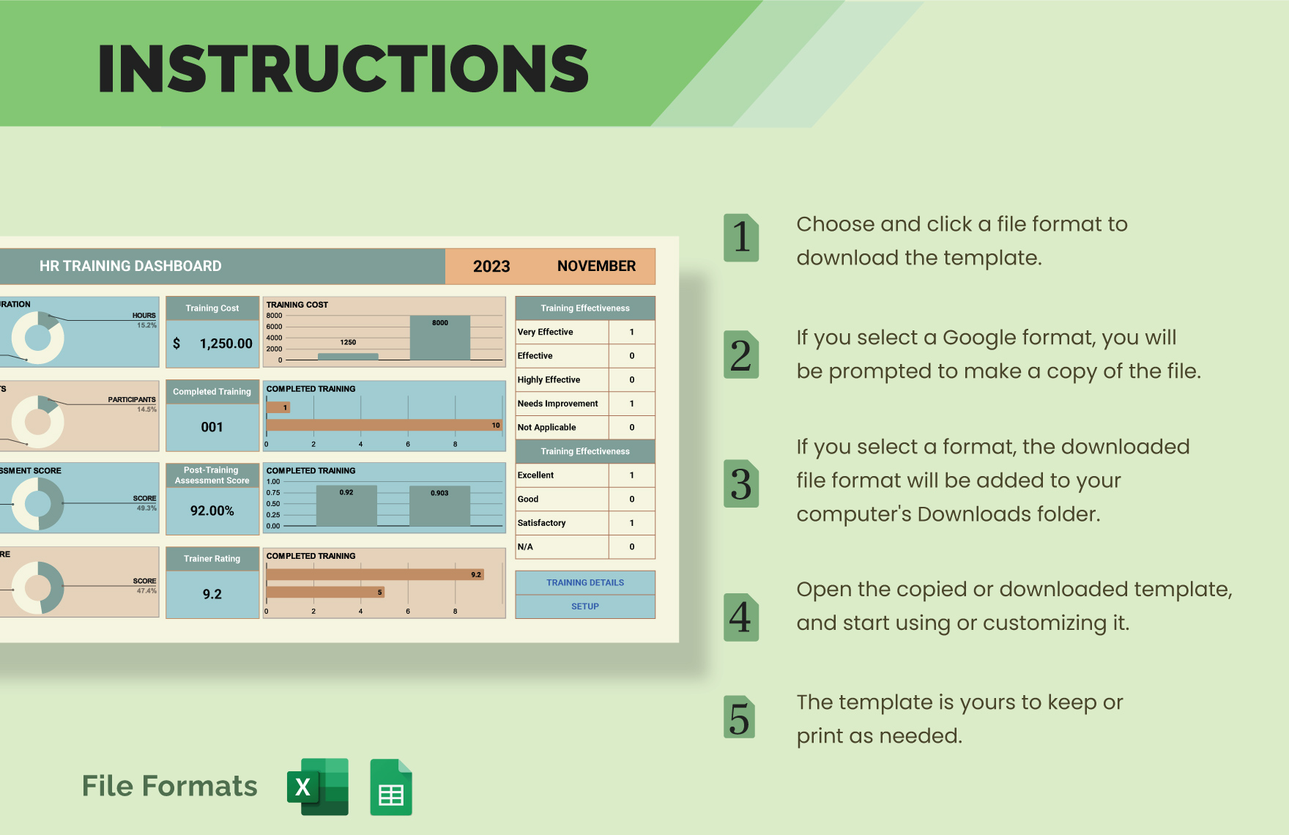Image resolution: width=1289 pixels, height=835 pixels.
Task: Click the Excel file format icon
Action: (x=318, y=787)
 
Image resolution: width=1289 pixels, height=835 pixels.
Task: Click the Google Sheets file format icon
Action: (x=391, y=787)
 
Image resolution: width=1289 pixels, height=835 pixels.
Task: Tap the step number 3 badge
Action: (x=741, y=484)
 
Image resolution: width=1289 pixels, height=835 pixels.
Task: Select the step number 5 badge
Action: (x=740, y=717)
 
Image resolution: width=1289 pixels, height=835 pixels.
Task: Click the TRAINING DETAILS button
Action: (x=585, y=582)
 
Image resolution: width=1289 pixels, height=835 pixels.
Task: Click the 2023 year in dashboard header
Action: (x=491, y=267)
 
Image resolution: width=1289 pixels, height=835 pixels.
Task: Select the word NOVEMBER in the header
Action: (x=596, y=267)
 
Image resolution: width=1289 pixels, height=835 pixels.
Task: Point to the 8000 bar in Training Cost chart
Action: (x=439, y=338)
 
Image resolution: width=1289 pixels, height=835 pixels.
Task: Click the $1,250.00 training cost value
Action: (x=213, y=344)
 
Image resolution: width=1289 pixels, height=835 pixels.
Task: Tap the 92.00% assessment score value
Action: (x=212, y=511)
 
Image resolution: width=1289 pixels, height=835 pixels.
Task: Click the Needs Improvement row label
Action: (x=558, y=404)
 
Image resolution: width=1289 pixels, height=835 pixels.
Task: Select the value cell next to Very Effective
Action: (x=631, y=332)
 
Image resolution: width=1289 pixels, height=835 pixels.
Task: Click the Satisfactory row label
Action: (x=542, y=523)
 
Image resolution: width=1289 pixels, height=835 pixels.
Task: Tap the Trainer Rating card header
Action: (x=212, y=558)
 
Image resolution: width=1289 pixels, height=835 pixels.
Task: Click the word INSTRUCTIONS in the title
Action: (x=343, y=69)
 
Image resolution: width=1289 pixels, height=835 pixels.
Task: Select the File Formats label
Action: (x=170, y=786)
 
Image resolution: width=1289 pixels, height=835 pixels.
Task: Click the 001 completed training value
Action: (x=212, y=427)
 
